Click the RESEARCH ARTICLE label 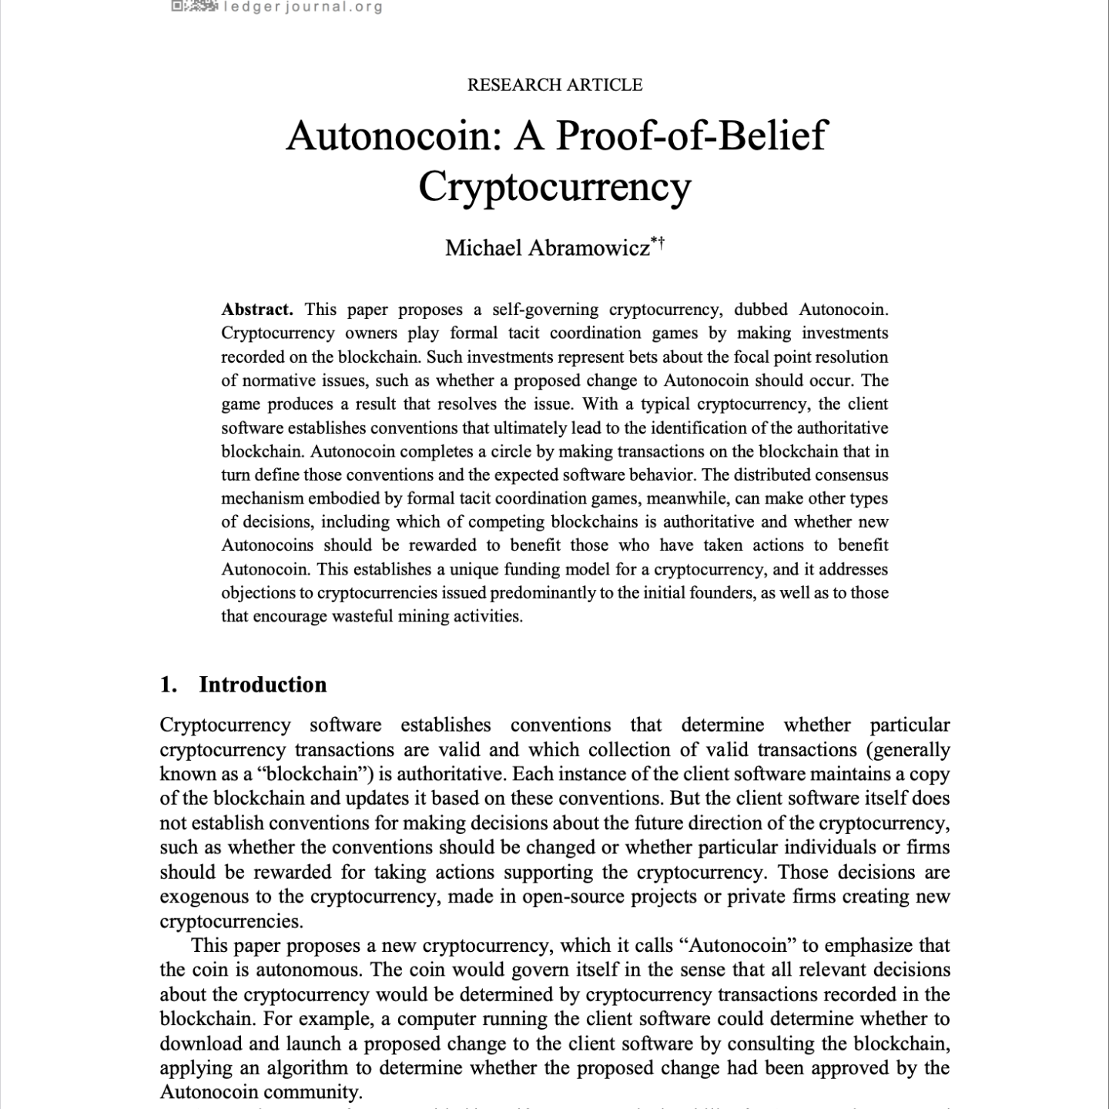click(554, 85)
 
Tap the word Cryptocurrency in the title click(554, 186)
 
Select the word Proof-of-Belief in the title click(691, 136)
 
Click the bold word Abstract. click(257, 310)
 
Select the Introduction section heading click(263, 685)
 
